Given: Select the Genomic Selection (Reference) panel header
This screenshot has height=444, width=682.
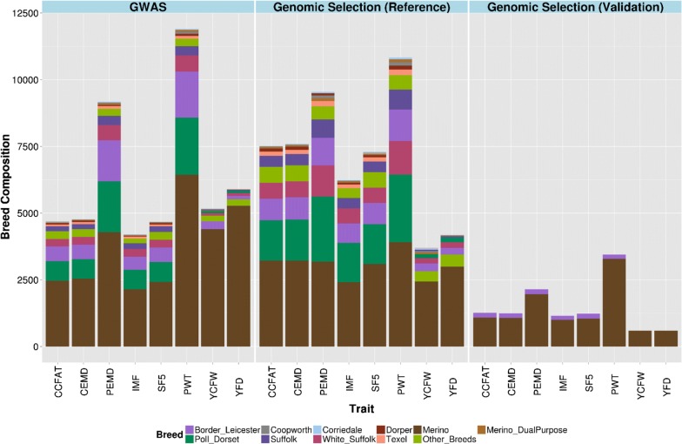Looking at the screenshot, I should pos(361,6).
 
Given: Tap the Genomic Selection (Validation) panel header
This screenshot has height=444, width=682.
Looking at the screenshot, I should pos(575,6).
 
